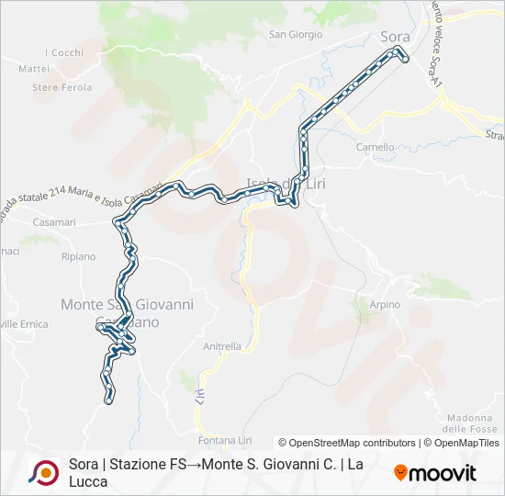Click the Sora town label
point(395,37)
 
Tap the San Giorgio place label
point(295,35)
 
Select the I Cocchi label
point(64,52)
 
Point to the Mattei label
point(34,68)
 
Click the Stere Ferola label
point(62,87)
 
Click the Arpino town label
point(385,304)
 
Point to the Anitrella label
point(221,346)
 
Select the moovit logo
point(435,473)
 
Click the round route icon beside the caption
point(43,472)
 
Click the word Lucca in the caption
point(88,481)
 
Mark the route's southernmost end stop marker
point(110,400)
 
